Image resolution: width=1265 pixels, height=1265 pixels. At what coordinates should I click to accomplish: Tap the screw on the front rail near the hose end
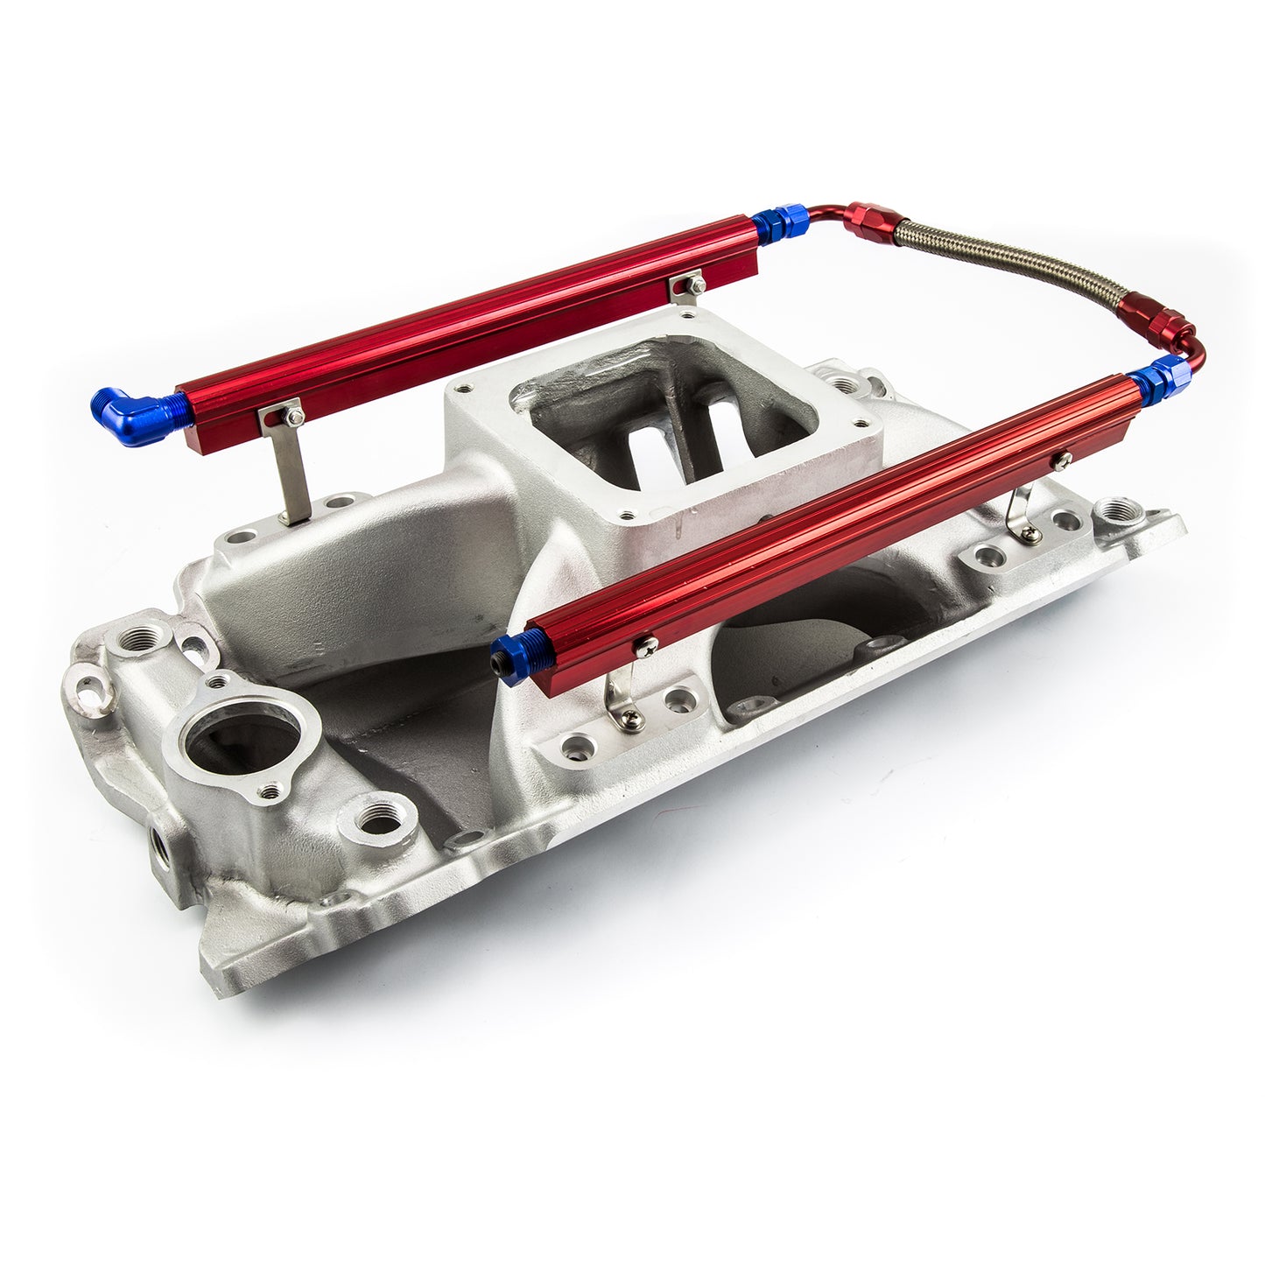(1063, 460)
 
